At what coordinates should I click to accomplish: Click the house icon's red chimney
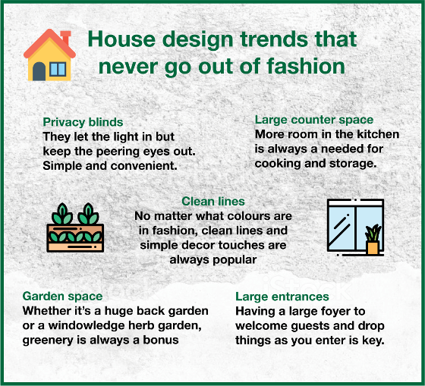(x=65, y=38)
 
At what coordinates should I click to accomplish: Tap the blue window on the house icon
(x=58, y=69)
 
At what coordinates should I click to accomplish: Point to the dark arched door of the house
(x=39, y=71)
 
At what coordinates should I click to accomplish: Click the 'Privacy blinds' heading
(x=83, y=122)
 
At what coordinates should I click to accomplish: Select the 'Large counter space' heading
(x=314, y=120)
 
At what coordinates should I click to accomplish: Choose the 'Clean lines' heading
(x=213, y=201)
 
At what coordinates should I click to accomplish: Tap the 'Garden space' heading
(x=62, y=296)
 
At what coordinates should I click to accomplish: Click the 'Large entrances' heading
(x=282, y=297)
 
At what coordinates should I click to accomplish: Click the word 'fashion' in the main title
(x=306, y=67)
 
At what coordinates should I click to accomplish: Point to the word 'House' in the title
(x=121, y=39)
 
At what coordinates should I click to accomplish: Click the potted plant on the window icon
(x=373, y=240)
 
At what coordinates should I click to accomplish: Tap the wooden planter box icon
(x=75, y=228)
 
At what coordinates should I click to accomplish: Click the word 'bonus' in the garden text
(x=161, y=340)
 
